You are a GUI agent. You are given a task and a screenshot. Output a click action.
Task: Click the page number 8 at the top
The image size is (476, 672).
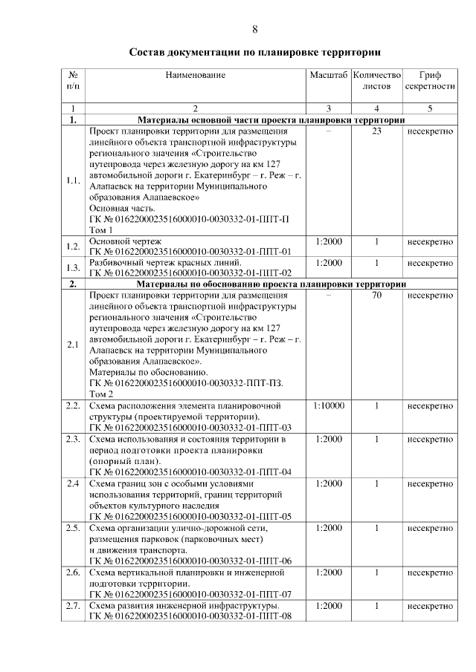[x=255, y=30]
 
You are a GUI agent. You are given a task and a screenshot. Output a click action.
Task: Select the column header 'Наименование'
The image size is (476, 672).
[x=196, y=75]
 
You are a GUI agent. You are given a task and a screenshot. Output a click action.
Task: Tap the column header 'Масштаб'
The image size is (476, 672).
[x=328, y=75]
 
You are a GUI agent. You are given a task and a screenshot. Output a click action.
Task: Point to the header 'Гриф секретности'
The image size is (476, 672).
[x=430, y=80]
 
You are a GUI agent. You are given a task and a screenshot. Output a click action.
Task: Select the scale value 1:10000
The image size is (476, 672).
[x=329, y=406]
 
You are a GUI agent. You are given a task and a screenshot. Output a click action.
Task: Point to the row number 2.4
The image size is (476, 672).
[x=73, y=484]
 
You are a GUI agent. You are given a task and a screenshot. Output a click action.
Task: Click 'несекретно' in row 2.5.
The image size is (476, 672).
[x=430, y=528]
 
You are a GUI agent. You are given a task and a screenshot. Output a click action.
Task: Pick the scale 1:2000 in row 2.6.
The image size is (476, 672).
[x=329, y=572]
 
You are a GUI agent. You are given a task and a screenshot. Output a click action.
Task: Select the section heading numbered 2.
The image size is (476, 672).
[x=73, y=284]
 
